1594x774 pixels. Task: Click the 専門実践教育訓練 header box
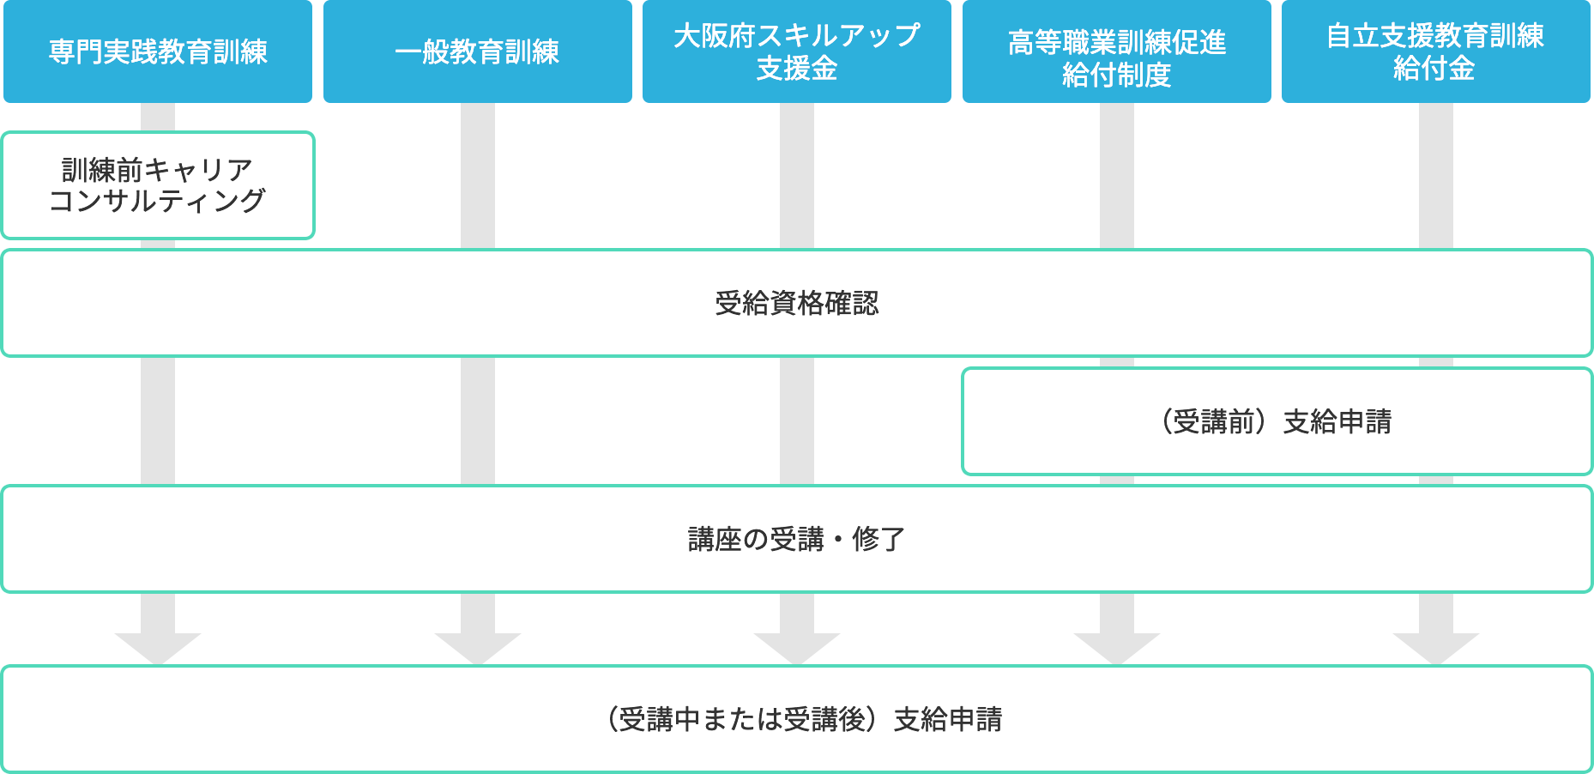(x=158, y=51)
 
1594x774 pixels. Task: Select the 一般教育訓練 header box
(x=477, y=51)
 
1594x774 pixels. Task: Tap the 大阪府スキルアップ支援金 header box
(x=796, y=51)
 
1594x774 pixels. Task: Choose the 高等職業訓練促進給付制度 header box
(x=1116, y=51)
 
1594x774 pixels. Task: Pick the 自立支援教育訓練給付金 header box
(x=1435, y=51)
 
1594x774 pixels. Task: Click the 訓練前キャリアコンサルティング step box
(x=158, y=185)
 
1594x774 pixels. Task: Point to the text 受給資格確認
(x=796, y=303)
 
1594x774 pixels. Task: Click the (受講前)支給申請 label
(x=1277, y=421)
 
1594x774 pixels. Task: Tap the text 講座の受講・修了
(x=796, y=539)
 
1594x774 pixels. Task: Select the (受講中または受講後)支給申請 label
(x=804, y=719)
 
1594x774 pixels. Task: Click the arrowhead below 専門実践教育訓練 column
(x=158, y=647)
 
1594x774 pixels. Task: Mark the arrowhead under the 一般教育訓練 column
(x=478, y=647)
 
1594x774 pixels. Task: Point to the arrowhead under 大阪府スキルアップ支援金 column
(x=797, y=647)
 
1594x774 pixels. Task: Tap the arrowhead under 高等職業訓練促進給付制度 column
(x=1117, y=647)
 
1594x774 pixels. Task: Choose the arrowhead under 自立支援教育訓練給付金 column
(x=1436, y=647)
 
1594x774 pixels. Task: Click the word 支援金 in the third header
(x=796, y=69)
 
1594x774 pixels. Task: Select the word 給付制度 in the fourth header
(x=1116, y=76)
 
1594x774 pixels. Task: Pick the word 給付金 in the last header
(x=1434, y=68)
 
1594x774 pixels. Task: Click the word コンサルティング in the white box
(x=158, y=201)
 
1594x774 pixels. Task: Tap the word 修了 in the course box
(x=879, y=539)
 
